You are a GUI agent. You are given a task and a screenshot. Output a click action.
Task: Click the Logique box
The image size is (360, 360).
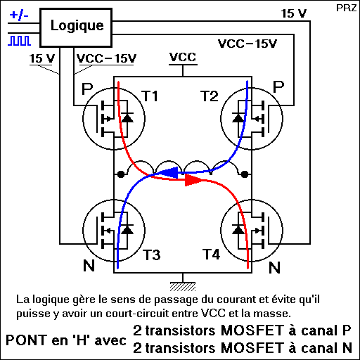[x=76, y=27]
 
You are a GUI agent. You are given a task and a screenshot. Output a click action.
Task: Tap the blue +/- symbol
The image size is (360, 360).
[x=19, y=15]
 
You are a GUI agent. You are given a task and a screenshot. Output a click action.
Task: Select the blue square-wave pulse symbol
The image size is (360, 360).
[x=20, y=41]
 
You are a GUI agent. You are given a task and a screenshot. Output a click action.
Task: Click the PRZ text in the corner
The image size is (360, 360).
[x=346, y=8]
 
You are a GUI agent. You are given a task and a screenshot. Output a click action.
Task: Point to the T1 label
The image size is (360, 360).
[x=150, y=96]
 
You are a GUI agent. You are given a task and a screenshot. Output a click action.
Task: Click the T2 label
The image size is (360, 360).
[x=210, y=96]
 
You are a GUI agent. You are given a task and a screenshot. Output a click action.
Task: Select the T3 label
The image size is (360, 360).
[x=152, y=255]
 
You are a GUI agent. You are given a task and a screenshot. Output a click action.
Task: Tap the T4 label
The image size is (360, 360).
[x=211, y=255]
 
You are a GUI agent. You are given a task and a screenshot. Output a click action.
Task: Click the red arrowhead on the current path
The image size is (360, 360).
[x=193, y=180]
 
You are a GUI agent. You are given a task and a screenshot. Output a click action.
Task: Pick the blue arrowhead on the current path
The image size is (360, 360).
[x=170, y=172]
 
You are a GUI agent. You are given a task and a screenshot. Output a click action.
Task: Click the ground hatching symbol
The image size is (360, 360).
[x=183, y=287]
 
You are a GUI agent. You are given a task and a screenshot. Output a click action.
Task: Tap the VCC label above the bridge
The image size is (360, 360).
[x=183, y=57]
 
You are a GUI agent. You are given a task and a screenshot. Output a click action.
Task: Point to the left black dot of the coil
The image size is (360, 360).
[x=121, y=174]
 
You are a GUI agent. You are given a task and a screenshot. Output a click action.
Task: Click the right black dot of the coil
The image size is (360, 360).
[x=245, y=174]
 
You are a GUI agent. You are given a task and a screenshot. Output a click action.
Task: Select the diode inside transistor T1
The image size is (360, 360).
[x=127, y=117]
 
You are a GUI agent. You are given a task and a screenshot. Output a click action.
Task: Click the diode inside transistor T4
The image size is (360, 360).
[x=238, y=230]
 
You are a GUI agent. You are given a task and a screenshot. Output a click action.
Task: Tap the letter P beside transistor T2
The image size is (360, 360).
[x=278, y=87]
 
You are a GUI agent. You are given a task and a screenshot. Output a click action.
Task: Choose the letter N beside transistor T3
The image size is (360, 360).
[x=89, y=266]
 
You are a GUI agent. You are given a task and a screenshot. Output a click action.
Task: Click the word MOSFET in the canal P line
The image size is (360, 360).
[x=252, y=330]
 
